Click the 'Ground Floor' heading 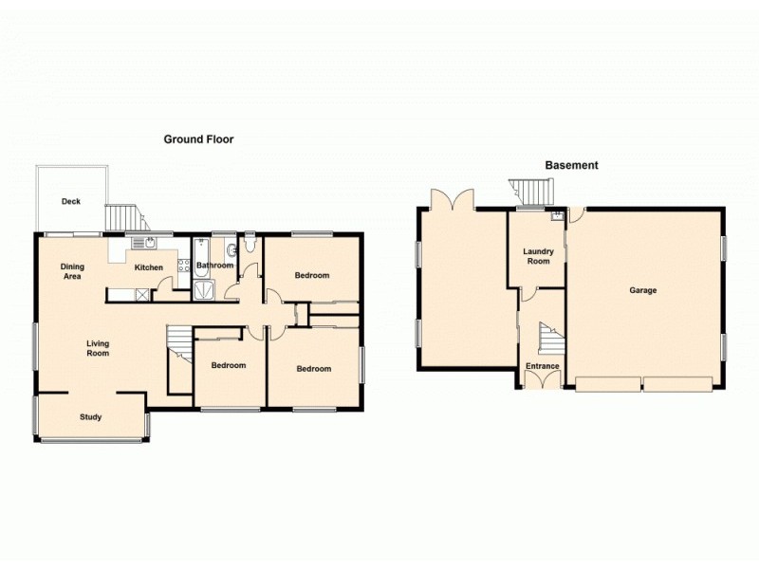point(198,139)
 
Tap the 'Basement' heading point(571,165)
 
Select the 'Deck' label point(70,201)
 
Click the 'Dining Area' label point(72,271)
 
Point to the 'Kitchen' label point(148,267)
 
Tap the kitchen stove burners point(183,266)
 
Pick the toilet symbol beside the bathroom point(250,247)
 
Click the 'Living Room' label point(98,348)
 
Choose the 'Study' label point(90,416)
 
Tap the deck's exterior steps point(122,218)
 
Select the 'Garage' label point(642,290)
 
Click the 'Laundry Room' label point(538,256)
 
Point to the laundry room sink point(558,217)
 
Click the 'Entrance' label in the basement point(542,366)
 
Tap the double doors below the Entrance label point(542,380)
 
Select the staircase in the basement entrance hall point(548,338)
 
